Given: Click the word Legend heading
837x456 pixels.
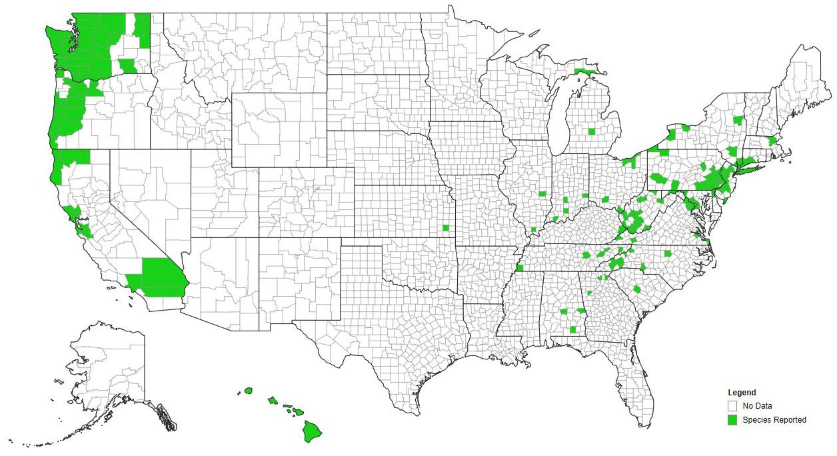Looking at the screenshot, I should [742, 393].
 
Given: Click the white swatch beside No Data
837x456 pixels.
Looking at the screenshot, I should [732, 405].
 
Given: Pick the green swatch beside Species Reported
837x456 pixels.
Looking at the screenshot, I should [732, 420].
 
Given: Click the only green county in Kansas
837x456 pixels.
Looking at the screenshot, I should [445, 229].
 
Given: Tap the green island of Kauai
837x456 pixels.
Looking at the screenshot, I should [249, 390].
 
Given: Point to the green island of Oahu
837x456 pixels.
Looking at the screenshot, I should [272, 401].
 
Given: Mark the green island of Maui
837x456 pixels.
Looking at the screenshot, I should [295, 410].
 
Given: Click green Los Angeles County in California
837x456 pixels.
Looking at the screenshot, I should [135, 283].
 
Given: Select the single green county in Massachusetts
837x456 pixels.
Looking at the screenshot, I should [772, 141].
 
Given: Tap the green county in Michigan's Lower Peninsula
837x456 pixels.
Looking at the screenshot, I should [591, 131].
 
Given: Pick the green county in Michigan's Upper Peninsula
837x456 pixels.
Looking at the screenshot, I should [585, 71].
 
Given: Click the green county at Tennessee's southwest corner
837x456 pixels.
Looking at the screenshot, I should [520, 268].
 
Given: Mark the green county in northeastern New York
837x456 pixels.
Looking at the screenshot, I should [737, 120].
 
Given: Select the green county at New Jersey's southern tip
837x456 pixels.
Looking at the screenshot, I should [724, 199].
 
